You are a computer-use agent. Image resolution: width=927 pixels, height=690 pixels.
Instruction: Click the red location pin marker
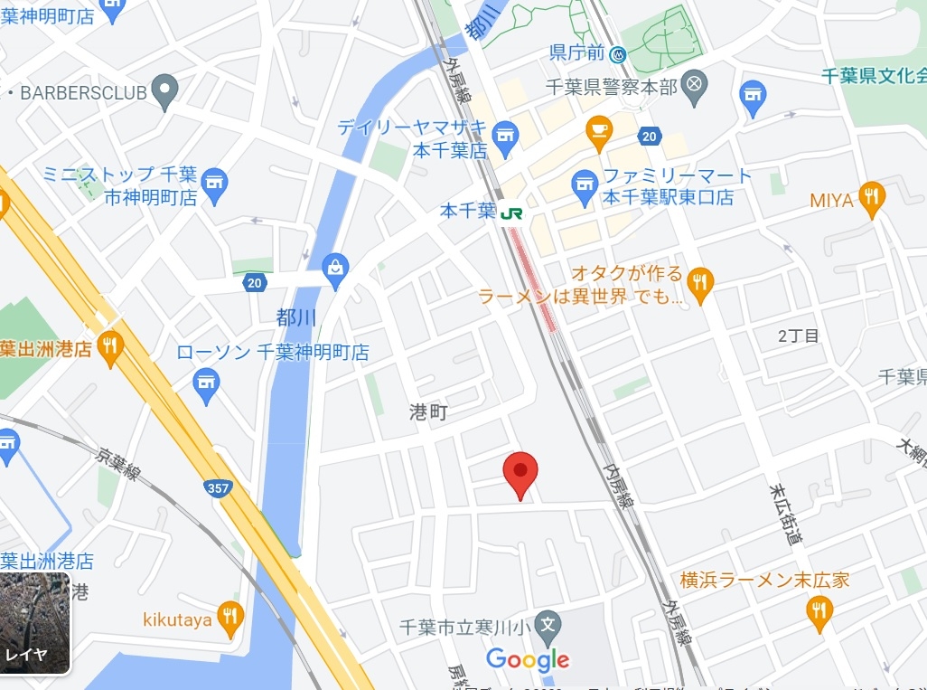coord(520,473)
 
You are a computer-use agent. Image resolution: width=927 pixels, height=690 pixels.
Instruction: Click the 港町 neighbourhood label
coord(428,411)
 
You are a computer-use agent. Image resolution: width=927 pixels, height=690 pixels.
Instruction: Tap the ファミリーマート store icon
coord(585,186)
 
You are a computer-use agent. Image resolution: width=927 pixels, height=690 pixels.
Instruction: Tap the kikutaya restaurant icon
coord(230,617)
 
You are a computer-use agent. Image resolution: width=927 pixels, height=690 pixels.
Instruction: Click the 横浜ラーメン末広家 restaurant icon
coord(819,612)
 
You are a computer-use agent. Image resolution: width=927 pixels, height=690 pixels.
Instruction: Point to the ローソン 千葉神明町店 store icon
coord(207,384)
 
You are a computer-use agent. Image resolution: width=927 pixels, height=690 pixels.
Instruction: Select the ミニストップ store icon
coord(214,184)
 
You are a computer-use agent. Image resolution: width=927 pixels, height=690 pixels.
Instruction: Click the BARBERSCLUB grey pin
coord(164,90)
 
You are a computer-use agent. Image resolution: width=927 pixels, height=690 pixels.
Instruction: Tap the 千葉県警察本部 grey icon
coord(694,86)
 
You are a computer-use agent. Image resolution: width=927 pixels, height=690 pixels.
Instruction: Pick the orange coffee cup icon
coord(598,132)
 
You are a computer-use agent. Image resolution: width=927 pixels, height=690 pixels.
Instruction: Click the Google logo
coord(528,659)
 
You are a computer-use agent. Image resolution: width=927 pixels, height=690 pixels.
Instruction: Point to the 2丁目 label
coord(799,336)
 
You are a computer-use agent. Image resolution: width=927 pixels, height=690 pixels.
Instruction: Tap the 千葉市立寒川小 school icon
coord(547,624)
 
